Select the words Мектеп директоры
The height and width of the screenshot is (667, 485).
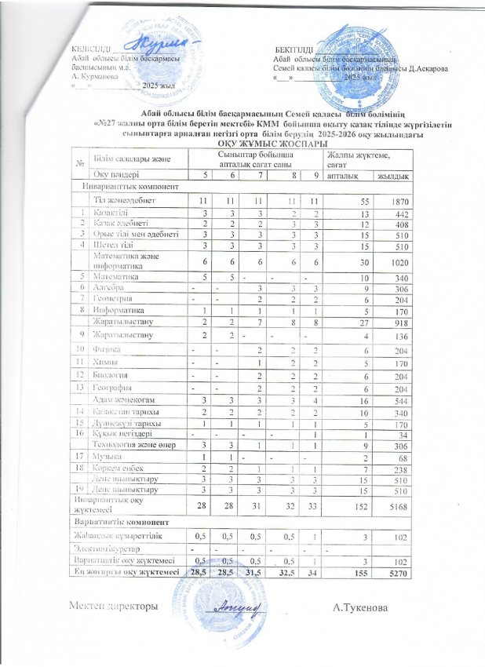109,608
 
